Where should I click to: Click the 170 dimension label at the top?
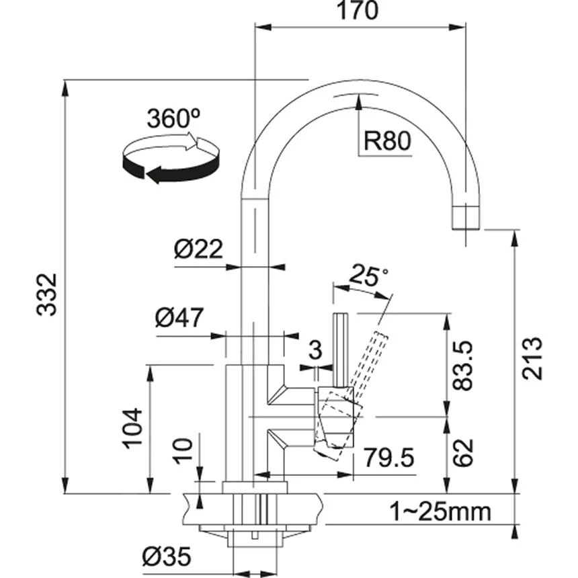click(x=358, y=11)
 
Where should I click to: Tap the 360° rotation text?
click(x=173, y=119)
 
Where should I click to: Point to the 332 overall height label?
click(x=46, y=294)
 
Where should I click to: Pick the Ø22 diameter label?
click(x=198, y=250)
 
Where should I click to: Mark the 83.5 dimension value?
click(x=464, y=366)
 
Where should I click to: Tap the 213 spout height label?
click(x=532, y=358)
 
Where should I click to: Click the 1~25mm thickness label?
click(x=440, y=511)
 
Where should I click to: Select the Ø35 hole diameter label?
click(x=166, y=556)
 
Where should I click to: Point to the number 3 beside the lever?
click(x=315, y=349)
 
